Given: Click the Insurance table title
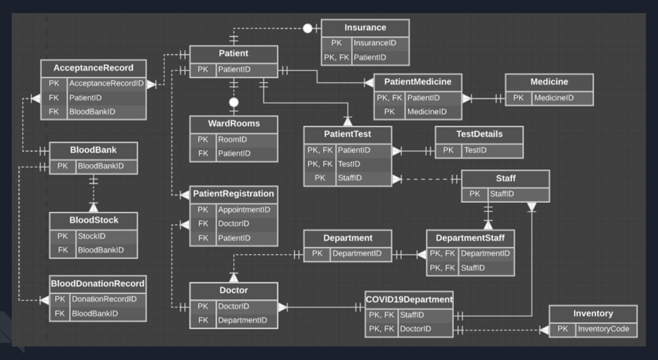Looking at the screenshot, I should pos(365,28).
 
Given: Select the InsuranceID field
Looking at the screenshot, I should pos(375,43).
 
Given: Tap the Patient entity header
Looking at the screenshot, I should pos(233,53).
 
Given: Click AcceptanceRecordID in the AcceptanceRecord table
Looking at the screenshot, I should pos(106,83).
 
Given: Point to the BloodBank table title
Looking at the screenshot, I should pos(93,150).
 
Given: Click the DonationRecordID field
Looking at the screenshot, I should pos(104,299).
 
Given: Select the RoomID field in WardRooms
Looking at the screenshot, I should pos(232,139).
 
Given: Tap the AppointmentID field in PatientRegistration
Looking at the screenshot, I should pos(244,210).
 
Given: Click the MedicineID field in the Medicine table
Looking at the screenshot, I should pos(554,98).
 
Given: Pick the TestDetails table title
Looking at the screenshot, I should pos(479,134).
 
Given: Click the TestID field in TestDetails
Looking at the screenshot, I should pos(475,150).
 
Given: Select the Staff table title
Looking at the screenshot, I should pos(505,178).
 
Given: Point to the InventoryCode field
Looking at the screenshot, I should pos(603,329).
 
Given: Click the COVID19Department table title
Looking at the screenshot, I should pos(409,299).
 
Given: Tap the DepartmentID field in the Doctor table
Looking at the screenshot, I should pos(242,320).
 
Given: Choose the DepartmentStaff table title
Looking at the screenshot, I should pos(470,238).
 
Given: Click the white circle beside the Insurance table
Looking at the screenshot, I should pos(308,28).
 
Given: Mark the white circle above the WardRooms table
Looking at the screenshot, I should pos(234,102).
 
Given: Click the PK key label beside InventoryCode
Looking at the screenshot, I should pos(562,329).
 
